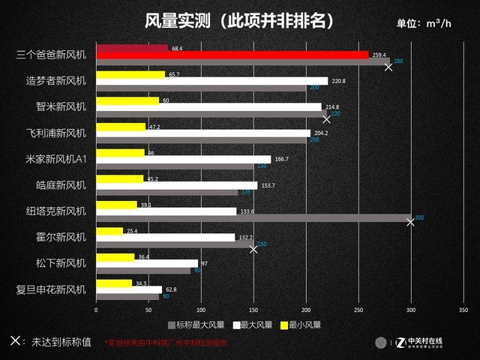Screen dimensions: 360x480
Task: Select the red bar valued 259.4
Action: [232, 55]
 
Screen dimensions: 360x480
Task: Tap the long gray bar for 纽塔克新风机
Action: [253, 218]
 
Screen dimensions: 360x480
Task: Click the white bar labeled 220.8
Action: [211, 81]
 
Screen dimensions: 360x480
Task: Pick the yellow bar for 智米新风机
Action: [127, 100]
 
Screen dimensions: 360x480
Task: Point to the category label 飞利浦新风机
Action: [56, 133]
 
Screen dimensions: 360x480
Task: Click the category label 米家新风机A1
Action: [56, 159]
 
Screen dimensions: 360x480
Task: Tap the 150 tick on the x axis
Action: [253, 309]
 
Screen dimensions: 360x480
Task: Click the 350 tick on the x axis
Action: [463, 309]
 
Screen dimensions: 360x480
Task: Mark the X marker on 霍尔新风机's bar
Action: [253, 249]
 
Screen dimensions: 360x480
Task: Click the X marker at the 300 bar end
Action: [410, 222]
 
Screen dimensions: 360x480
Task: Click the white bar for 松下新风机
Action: [147, 263]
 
